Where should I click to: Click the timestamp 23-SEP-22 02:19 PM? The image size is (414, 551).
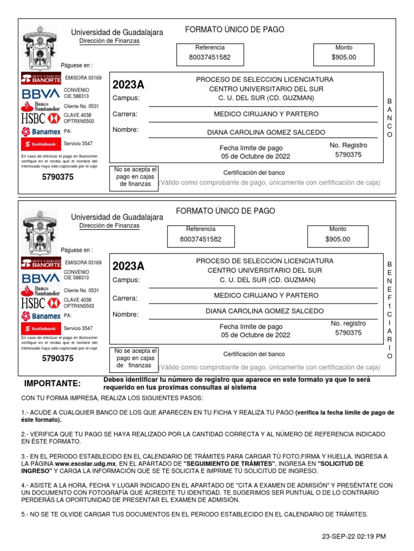tap(354, 536)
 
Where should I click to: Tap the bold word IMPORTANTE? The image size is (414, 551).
tap(52, 384)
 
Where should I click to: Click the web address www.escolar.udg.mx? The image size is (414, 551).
tap(85, 463)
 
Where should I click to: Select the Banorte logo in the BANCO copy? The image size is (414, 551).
tap(40, 79)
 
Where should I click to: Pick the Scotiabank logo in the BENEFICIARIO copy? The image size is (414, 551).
tap(40, 328)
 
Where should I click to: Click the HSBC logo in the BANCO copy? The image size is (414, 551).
tap(40, 118)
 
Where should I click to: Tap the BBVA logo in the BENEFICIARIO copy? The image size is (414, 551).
tap(40, 278)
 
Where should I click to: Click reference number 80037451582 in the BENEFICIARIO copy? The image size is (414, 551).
tap(200, 239)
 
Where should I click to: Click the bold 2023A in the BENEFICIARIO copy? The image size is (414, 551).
tap(128, 266)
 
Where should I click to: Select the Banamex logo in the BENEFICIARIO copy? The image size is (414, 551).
tap(40, 316)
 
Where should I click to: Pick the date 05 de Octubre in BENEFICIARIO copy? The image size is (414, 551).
tap(256, 335)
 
